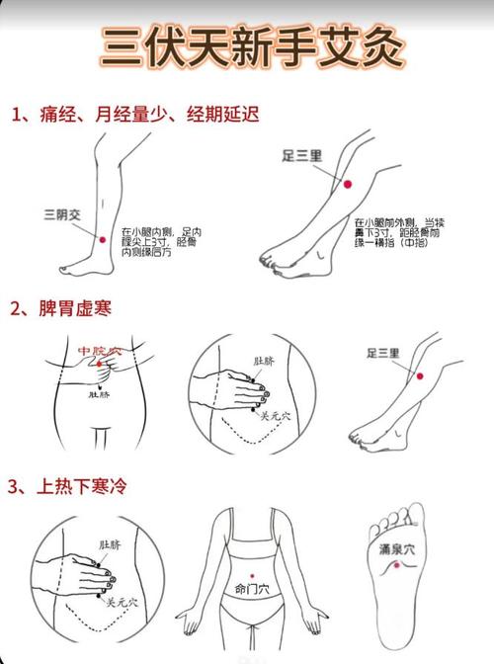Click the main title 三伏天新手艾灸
point(246,45)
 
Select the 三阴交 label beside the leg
point(62,213)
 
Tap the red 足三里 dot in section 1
point(347,183)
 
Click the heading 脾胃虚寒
point(74,309)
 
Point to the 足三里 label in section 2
point(382,353)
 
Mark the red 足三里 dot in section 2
point(419,375)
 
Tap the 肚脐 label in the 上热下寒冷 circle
point(109,542)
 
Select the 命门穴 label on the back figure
point(252,586)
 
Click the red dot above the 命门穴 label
point(253,572)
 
